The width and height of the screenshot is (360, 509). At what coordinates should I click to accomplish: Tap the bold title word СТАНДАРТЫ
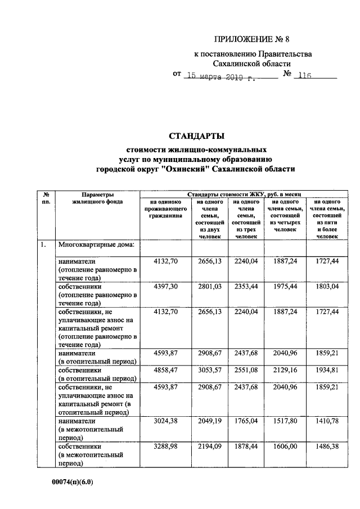coord(196,136)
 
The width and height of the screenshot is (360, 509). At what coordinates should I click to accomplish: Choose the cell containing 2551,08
coord(246,372)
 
